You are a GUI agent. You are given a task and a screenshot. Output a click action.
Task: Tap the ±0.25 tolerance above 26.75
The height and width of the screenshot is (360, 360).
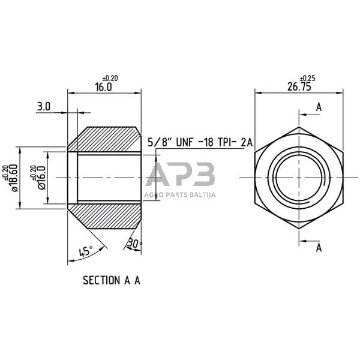click(x=307, y=78)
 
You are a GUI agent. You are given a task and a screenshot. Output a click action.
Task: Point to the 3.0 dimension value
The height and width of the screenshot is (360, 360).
click(x=44, y=106)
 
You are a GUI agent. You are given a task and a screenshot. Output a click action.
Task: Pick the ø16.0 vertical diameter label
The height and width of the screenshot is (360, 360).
click(x=42, y=178)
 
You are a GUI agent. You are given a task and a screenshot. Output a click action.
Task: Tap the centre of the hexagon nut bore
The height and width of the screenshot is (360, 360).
click(x=299, y=178)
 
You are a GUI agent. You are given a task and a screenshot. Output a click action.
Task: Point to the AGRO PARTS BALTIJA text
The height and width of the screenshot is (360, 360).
click(x=180, y=194)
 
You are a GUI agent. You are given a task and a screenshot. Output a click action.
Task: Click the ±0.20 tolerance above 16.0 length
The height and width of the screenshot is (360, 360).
click(x=110, y=78)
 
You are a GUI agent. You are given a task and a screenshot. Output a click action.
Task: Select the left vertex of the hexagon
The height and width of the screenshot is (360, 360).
click(x=255, y=178)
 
